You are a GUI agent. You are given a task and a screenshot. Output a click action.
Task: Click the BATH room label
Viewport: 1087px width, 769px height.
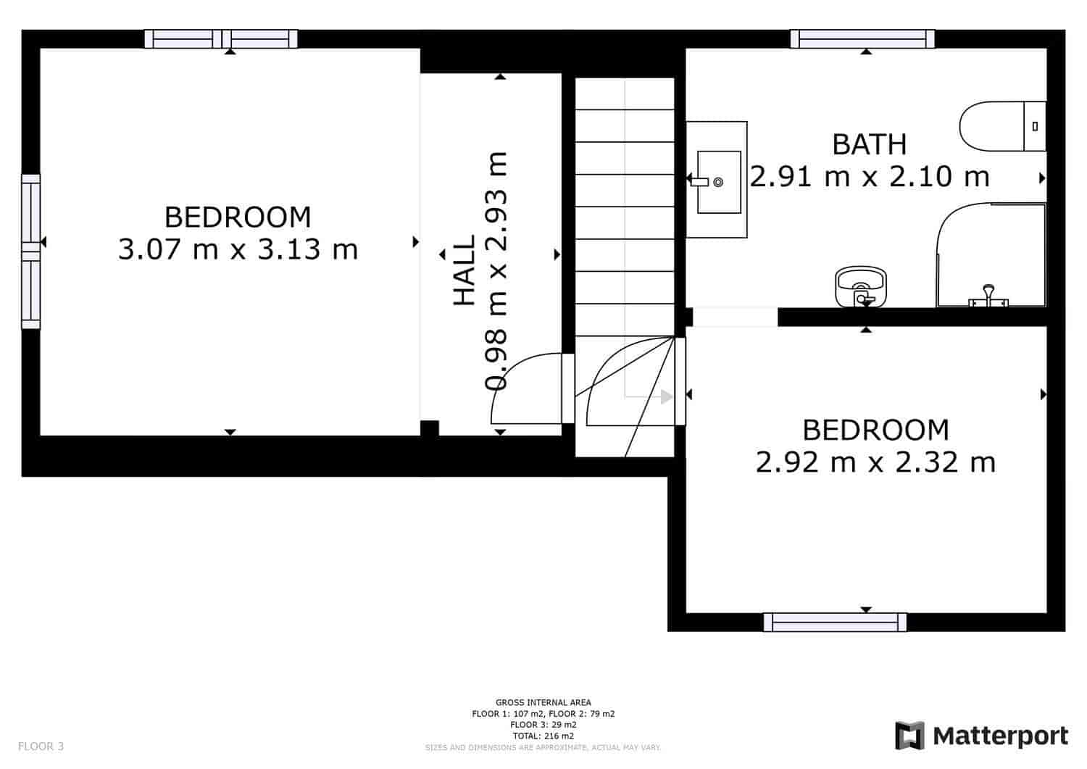869,144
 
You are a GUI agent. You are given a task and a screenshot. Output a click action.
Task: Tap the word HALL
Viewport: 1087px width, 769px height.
464,270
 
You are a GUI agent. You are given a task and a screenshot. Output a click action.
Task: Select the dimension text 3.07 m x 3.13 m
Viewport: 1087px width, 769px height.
238,249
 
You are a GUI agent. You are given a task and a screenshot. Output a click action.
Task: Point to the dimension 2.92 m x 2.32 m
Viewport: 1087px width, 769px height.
875,462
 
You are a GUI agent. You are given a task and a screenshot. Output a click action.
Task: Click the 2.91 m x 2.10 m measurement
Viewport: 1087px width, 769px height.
869,176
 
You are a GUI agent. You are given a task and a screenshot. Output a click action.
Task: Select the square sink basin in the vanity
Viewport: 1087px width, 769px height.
718,182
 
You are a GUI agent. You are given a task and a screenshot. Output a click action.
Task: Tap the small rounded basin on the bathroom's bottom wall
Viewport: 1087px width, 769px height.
860,286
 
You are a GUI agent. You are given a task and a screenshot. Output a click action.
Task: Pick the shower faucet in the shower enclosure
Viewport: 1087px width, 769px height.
988,296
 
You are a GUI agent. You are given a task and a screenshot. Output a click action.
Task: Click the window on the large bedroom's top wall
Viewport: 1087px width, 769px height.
221,39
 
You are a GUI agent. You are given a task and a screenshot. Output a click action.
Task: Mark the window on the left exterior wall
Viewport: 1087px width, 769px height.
30,252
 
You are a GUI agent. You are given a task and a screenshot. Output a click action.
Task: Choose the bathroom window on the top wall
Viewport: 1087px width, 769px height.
862,39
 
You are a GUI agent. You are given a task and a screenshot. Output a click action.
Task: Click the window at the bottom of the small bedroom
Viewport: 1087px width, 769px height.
835,622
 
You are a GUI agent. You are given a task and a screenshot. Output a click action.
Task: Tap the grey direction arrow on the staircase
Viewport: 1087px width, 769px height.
666,396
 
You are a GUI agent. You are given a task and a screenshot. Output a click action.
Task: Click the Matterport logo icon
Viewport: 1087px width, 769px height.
909,736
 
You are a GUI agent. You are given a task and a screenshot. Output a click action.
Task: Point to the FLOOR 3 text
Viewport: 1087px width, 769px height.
41,746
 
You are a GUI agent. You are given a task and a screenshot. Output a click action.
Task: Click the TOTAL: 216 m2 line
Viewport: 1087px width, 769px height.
543,736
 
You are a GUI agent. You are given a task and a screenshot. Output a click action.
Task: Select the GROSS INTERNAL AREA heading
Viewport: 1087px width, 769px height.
543,702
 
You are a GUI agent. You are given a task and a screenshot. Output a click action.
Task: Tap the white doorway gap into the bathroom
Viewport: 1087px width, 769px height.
735,317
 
